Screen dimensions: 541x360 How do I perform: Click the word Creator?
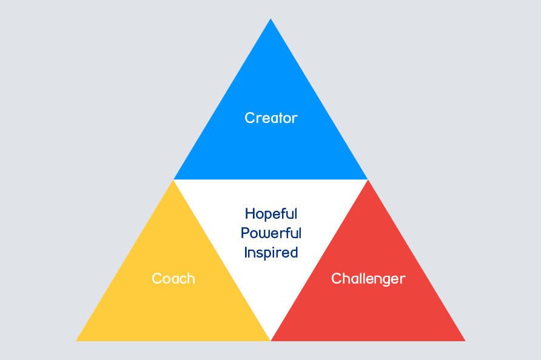(271, 118)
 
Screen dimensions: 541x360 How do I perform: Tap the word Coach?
(173, 278)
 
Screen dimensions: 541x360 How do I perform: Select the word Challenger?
(368, 279)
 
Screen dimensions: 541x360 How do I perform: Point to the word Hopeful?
(271, 214)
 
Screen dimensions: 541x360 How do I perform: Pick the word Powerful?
(271, 233)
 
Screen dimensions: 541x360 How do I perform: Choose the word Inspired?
(271, 253)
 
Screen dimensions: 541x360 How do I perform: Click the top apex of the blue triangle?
(270, 19)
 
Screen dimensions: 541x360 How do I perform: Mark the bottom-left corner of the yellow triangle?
(76, 341)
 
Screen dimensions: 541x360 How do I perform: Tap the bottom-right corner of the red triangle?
(465, 341)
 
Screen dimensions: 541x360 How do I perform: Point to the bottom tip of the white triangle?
(270, 341)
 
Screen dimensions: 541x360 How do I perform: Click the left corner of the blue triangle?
(173, 179)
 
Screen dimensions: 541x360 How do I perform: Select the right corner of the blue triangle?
(368, 179)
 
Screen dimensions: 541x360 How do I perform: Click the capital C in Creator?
(249, 118)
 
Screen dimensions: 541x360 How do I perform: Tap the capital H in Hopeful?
(250, 214)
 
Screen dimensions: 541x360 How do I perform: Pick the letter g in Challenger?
(387, 281)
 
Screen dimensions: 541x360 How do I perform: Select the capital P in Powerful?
(245, 233)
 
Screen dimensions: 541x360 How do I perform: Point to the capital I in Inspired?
(246, 252)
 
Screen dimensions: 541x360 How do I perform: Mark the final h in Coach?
(191, 278)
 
